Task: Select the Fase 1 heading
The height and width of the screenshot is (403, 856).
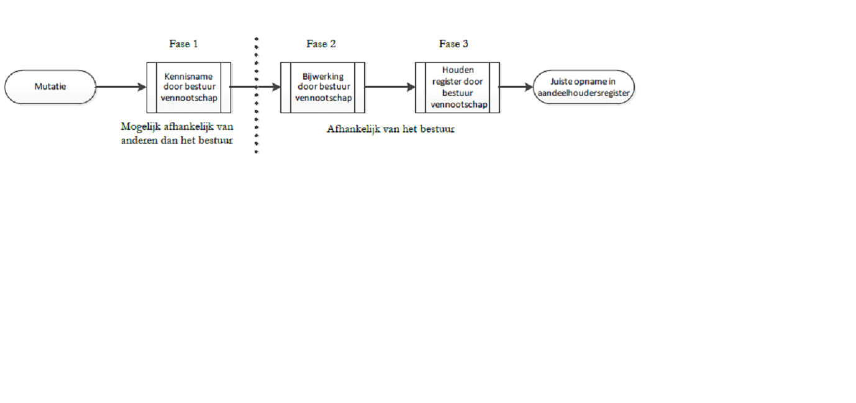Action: [183, 44]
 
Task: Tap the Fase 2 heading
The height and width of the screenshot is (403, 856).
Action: [321, 44]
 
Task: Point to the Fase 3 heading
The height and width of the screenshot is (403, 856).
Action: [453, 44]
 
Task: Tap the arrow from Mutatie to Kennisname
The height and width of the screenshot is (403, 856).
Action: [121, 87]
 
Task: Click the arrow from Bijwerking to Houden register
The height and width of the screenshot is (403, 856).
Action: [390, 87]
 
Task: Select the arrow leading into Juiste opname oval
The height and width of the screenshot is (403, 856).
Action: [516, 87]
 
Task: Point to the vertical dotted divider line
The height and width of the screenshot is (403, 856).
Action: [257, 95]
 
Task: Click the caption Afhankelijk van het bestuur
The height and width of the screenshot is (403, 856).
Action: [391, 129]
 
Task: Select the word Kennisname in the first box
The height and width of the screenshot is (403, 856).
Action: [188, 76]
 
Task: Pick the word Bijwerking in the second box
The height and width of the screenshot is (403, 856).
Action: [323, 76]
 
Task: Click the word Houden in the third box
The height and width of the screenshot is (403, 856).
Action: [458, 70]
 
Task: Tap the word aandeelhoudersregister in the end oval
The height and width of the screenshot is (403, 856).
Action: [583, 93]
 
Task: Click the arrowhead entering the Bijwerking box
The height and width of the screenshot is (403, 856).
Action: [276, 87]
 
